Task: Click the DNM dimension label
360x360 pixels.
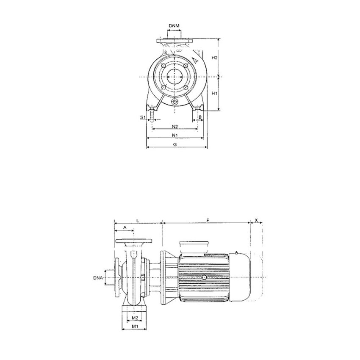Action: [x=174, y=26]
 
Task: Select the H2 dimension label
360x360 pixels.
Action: [x=215, y=58]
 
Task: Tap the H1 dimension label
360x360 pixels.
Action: [x=215, y=93]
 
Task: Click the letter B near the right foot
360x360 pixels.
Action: [x=200, y=116]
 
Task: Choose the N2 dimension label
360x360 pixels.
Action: [x=174, y=126]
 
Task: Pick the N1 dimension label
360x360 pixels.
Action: [x=174, y=135]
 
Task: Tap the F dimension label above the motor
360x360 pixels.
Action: [x=207, y=220]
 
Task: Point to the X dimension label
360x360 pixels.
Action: [x=257, y=220]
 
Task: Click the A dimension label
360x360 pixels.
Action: [x=125, y=227]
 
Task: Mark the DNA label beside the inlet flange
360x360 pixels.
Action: [x=98, y=278]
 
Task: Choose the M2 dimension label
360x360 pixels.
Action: [x=134, y=318]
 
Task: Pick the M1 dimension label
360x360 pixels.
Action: [x=134, y=327]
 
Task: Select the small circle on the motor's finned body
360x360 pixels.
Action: [x=205, y=277]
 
